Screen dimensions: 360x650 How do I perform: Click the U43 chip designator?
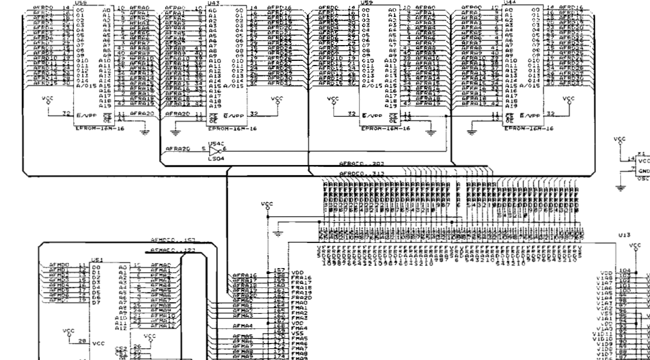[x=214, y=2]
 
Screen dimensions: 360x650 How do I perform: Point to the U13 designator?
[x=624, y=234]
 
